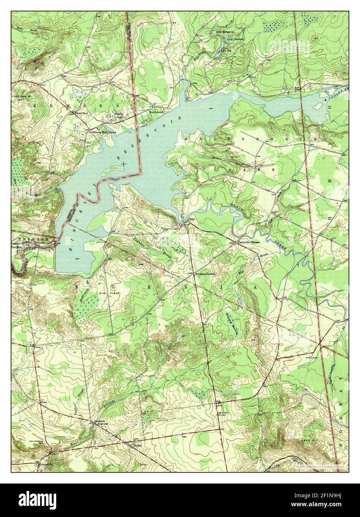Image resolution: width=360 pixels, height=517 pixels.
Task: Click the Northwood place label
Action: click(156, 112)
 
